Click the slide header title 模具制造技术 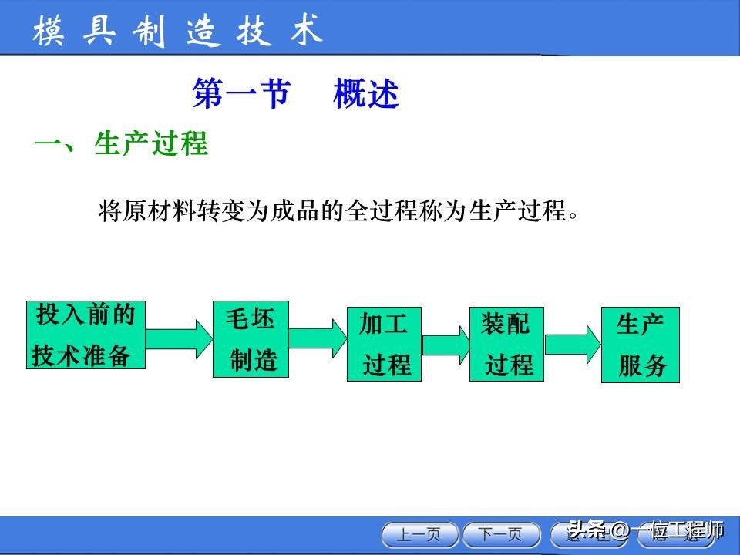[177, 32]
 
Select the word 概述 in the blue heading [366, 95]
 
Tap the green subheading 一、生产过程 [122, 144]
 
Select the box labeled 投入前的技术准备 [86, 335]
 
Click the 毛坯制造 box [251, 339]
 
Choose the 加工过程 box [384, 344]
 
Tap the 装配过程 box [506, 344]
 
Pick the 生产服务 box [640, 344]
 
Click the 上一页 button [420, 533]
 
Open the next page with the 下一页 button [499, 533]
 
